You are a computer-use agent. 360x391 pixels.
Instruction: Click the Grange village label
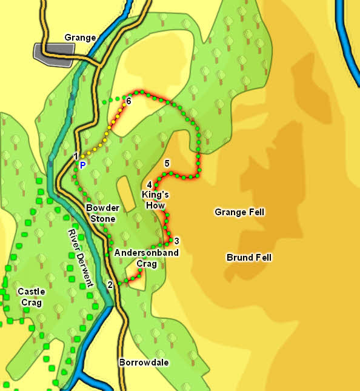(x=80, y=38)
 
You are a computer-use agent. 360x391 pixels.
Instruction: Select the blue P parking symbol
(x=82, y=164)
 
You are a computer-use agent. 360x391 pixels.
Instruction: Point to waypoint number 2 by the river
(x=110, y=284)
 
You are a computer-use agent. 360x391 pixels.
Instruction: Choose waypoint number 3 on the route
(x=176, y=241)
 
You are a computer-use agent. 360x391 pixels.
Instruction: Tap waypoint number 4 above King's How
(x=149, y=185)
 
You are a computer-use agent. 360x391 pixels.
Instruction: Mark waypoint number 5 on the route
(x=167, y=164)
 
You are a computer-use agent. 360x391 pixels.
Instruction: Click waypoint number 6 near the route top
(x=128, y=101)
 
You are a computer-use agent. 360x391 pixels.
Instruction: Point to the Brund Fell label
(x=248, y=258)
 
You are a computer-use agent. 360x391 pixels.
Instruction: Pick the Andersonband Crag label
(x=146, y=258)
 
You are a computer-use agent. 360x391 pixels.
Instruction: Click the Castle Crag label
(x=31, y=297)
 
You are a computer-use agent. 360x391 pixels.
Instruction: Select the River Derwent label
(x=80, y=258)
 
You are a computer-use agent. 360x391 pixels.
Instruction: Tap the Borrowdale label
(x=144, y=363)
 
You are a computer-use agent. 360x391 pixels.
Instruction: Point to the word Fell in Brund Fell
(x=262, y=258)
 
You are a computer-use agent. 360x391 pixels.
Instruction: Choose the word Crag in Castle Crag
(x=31, y=302)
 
